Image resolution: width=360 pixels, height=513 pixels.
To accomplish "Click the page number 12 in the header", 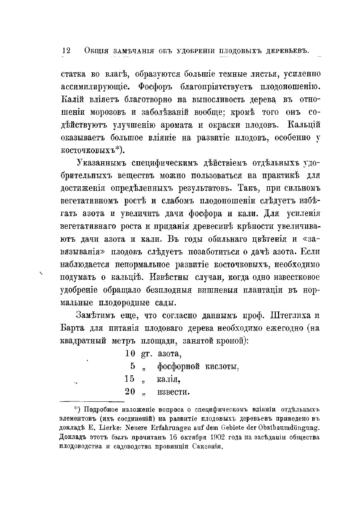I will click(x=66, y=51).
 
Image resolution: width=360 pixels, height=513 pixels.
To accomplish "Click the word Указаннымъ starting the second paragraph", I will click(x=101, y=163).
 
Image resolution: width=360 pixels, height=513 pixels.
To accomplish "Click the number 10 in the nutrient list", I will click(x=130, y=353).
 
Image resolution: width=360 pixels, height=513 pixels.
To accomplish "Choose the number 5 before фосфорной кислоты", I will click(x=133, y=366).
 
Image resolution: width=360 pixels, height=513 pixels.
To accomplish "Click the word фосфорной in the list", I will click(x=178, y=366).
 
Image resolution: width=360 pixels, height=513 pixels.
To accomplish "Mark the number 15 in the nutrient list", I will click(x=130, y=379).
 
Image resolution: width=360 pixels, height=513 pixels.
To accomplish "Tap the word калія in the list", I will click(x=168, y=379).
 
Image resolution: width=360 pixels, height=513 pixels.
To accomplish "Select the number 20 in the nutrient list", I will click(x=130, y=392).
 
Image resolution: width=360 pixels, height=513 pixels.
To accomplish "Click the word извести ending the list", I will click(x=173, y=392).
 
